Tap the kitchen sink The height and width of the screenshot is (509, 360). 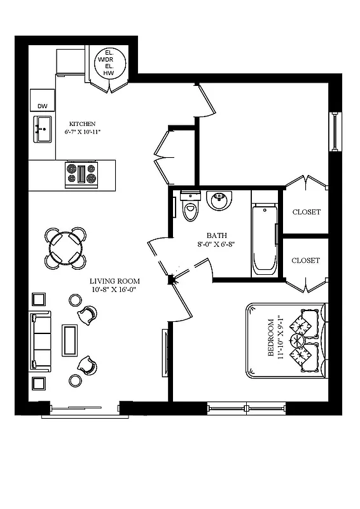coord(43,130)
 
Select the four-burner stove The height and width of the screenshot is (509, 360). coord(81,174)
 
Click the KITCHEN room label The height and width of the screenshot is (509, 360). coord(82,123)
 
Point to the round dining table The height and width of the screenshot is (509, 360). coord(66,247)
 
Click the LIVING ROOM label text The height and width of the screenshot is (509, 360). coord(114,281)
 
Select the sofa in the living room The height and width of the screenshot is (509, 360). coord(40,342)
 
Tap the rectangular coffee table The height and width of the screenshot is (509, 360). coord(69,340)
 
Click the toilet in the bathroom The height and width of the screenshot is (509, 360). coord(190,205)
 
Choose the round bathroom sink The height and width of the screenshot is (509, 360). coord(220,200)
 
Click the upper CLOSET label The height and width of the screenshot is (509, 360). coord(306,212)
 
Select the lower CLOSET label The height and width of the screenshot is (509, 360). coord(306,260)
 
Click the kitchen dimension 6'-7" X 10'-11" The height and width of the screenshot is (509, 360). coord(82,132)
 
